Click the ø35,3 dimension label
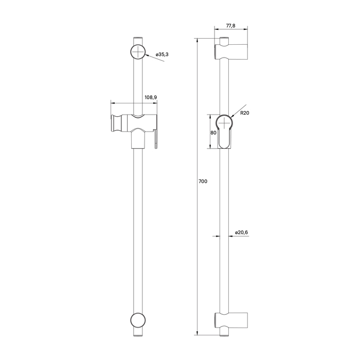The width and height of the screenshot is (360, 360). [156, 53]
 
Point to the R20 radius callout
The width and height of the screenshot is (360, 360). [244, 114]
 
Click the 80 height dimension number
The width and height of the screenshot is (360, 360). [212, 132]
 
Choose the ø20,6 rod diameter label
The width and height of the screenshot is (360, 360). [242, 232]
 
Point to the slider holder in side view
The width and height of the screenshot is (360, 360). [225, 131]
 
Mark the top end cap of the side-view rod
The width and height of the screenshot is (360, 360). [225, 41]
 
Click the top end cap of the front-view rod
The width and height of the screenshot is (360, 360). [138, 40]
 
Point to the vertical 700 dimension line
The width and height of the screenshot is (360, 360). [197, 231]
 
